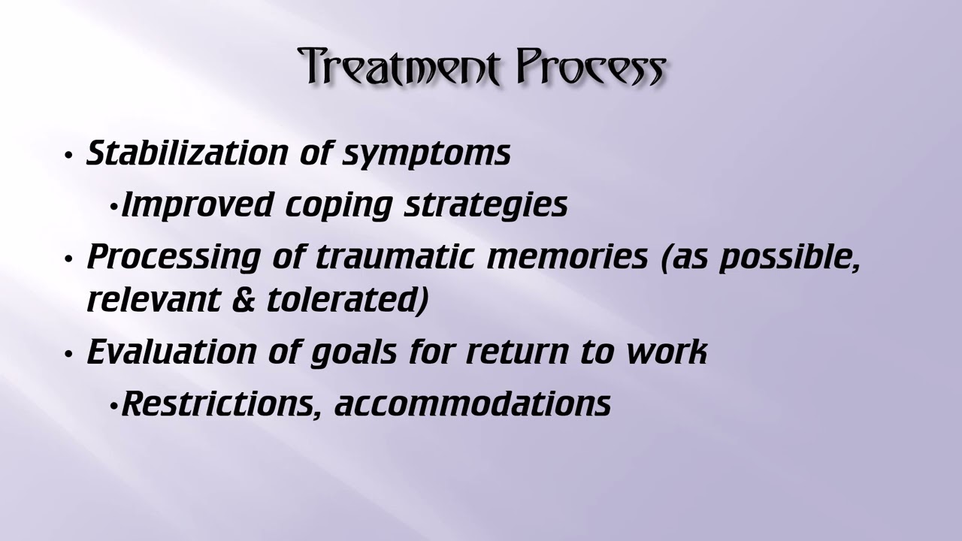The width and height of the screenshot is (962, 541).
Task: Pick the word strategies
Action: pos(486,206)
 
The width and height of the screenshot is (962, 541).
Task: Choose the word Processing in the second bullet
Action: pos(174,258)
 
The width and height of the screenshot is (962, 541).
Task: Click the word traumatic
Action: pos(395,257)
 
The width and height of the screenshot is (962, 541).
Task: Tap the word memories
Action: pos(567,257)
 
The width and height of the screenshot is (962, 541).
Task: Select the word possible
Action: pos(790,258)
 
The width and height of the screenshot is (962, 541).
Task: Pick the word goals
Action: pos(353,354)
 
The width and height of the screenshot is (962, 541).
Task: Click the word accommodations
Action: pos(473,404)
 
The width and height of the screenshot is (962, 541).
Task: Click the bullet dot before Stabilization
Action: pos(68,156)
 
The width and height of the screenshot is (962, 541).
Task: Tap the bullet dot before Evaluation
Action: pos(68,355)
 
